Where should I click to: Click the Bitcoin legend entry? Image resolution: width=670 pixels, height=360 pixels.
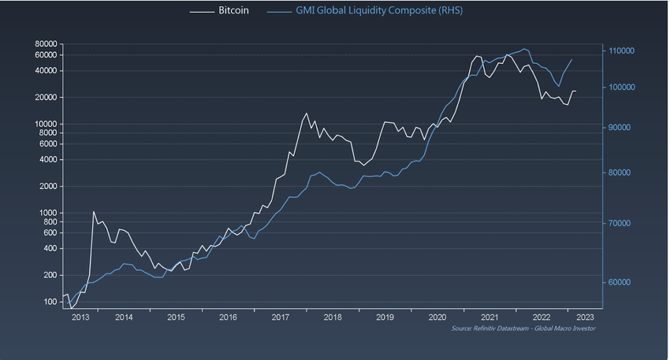pyautogui.click(x=233, y=12)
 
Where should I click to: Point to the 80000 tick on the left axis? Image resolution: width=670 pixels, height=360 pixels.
pyautogui.click(x=44, y=44)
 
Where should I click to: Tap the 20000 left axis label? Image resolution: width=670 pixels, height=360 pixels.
pyautogui.click(x=44, y=98)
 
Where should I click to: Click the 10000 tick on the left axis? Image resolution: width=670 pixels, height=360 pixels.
pyautogui.click(x=44, y=124)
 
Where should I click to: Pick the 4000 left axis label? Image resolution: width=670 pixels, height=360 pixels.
pyautogui.click(x=47, y=160)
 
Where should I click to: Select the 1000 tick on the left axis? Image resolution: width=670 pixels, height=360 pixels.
pyautogui.click(x=47, y=213)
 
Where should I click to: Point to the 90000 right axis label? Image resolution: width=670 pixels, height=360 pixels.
pyautogui.click(x=620, y=128)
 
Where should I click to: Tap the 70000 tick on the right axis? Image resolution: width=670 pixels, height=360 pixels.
pyautogui.click(x=620, y=224)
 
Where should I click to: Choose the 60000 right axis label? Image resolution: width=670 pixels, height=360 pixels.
pyautogui.click(x=620, y=283)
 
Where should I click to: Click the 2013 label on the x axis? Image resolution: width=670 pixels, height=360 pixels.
pyautogui.click(x=80, y=317)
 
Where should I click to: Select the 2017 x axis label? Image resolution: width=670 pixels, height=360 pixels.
pyautogui.click(x=281, y=317)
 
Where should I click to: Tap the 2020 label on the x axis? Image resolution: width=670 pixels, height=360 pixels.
pyautogui.click(x=437, y=317)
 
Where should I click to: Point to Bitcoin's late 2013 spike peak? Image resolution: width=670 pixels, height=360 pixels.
pyautogui.click(x=94, y=211)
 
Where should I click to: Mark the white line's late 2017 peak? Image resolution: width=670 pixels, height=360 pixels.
pyautogui.click(x=307, y=113)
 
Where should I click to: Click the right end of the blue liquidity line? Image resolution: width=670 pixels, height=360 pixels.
pyautogui.click(x=571, y=59)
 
